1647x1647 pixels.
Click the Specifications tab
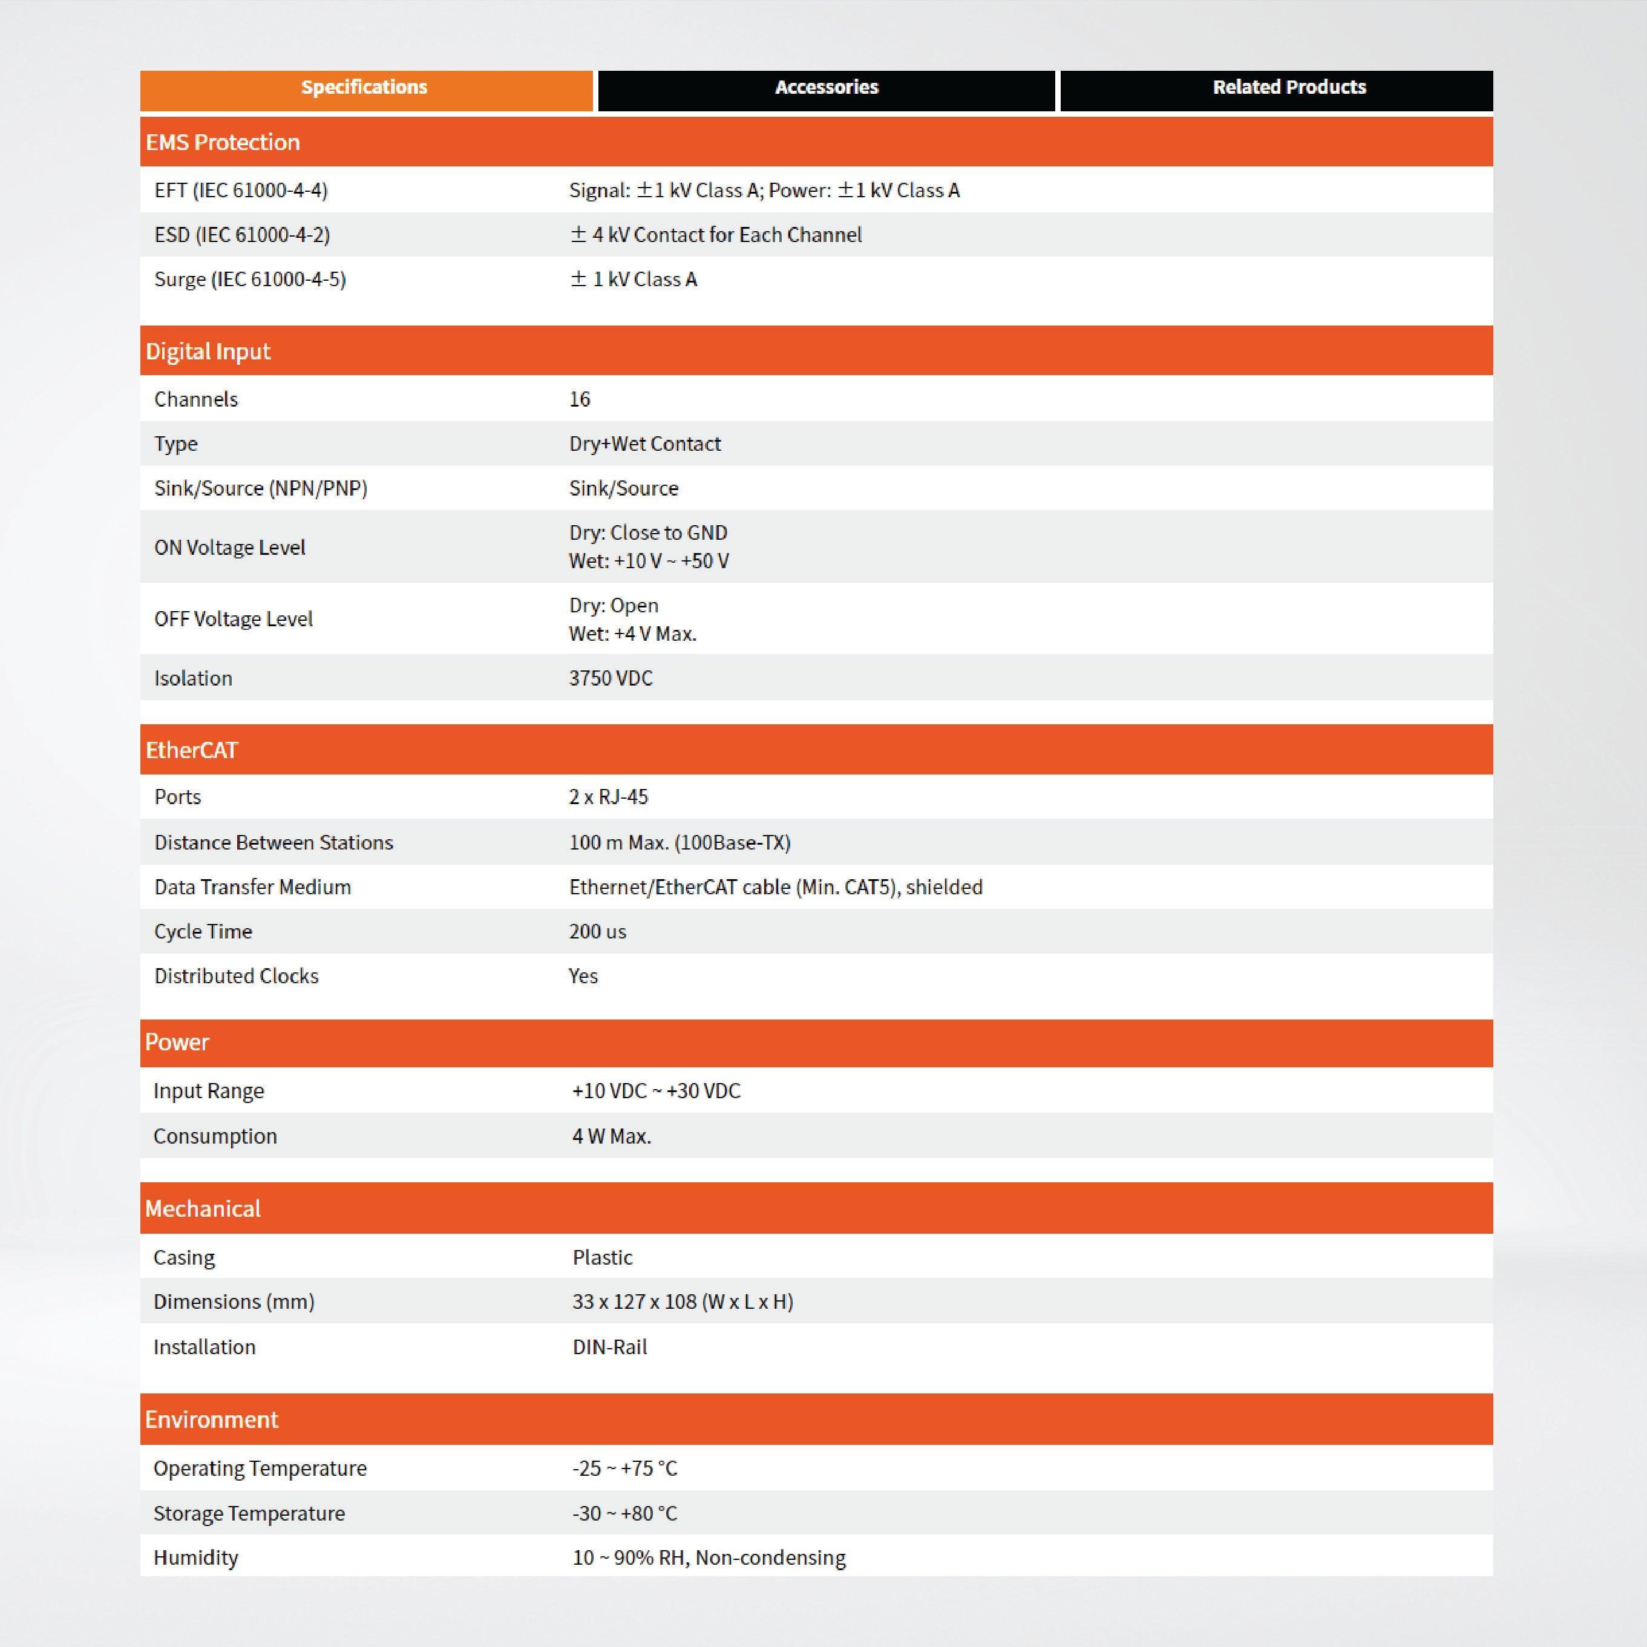pos(365,88)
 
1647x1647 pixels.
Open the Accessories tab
pos(826,88)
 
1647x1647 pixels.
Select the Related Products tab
pos(1288,88)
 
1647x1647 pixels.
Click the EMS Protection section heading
pos(223,142)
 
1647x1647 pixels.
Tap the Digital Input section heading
pos(208,351)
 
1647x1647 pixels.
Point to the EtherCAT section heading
pos(192,750)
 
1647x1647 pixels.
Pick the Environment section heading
pos(211,1419)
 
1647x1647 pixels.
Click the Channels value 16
pos(580,399)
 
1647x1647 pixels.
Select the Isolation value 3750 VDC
pos(611,678)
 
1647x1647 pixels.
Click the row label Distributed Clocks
pos(236,975)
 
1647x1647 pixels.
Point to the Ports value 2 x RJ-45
pos(608,796)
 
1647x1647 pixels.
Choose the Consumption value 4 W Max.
pos(611,1136)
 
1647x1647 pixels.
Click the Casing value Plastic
pos(602,1257)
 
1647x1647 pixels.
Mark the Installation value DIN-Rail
pos(609,1347)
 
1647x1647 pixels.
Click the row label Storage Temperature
pos(249,1513)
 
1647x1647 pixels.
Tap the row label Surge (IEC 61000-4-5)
pos(250,279)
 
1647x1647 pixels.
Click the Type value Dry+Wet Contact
pos(644,444)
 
